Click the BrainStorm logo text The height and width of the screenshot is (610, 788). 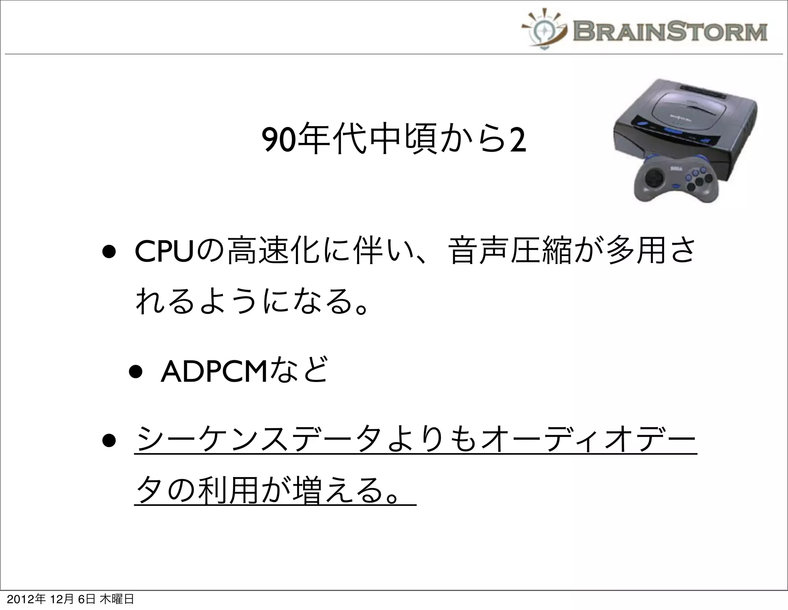coord(669,31)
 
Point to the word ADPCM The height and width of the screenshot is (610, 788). coord(214,372)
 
